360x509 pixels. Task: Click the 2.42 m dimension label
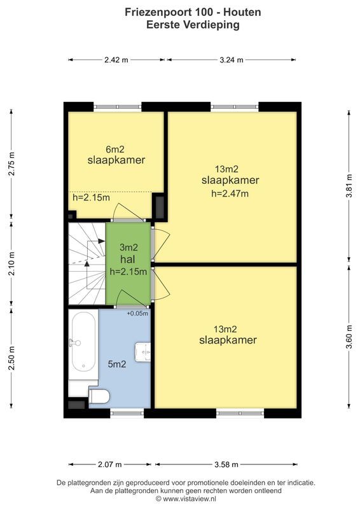pyautogui.click(x=116, y=60)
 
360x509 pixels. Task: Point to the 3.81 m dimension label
pyautogui.click(x=349, y=186)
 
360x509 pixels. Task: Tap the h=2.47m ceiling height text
pyautogui.click(x=230, y=193)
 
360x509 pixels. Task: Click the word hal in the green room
pyautogui.click(x=128, y=260)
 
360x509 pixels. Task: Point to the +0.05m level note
pyautogui.click(x=137, y=313)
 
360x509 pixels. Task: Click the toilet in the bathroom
pyautogui.click(x=99, y=396)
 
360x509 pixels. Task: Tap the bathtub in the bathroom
pyautogui.click(x=82, y=344)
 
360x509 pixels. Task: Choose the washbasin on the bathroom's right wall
pyautogui.click(x=144, y=350)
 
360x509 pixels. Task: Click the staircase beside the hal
pyautogui.click(x=86, y=262)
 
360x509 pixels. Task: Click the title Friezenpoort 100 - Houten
pyautogui.click(x=184, y=12)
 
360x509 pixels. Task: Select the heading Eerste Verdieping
pyautogui.click(x=184, y=25)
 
